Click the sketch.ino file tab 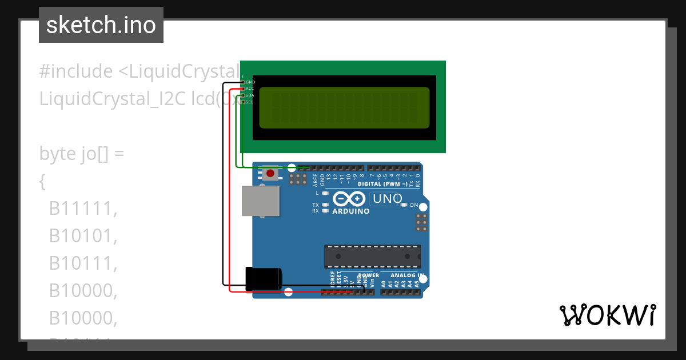tap(101, 25)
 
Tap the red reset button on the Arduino tap(270, 173)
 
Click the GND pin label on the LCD tap(250, 82)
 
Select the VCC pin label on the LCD tap(250, 89)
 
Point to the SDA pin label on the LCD tap(250, 95)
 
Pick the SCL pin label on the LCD tap(250, 102)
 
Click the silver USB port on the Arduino tap(260, 201)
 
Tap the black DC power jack tap(263, 279)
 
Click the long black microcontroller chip tap(373, 257)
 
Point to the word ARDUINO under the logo tap(350, 211)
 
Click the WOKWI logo tap(607, 315)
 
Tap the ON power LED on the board tap(405, 205)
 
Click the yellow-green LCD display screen tap(344, 107)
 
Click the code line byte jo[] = tap(81, 154)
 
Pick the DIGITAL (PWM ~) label tap(382, 184)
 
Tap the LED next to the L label tap(325, 193)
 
